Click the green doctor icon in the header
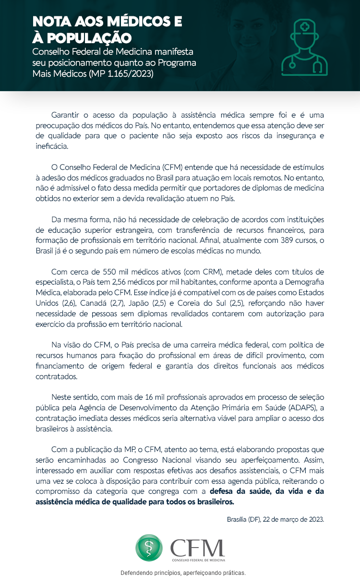pos(304,48)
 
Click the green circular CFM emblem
pos(149,548)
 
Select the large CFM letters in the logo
pos(197,546)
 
